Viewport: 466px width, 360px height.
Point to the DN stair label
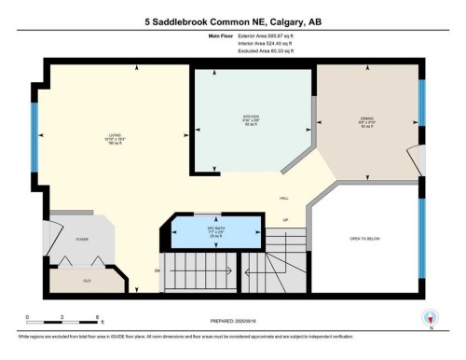tap(157, 271)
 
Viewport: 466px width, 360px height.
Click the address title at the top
tap(233, 21)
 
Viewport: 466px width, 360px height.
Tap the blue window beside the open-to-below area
tap(421, 240)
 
